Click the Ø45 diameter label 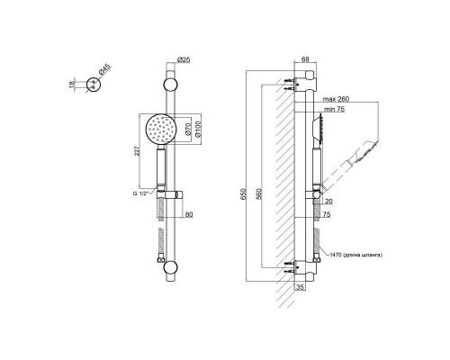[x=104, y=69]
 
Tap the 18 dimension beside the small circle [x=71, y=85]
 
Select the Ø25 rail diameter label [x=184, y=59]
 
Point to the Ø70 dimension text [x=188, y=129]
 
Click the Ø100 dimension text [x=197, y=130]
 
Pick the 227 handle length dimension [x=137, y=152]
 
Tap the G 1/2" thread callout [x=141, y=193]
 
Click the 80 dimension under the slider [x=189, y=214]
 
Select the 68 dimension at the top [x=305, y=59]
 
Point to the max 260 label [x=336, y=99]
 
